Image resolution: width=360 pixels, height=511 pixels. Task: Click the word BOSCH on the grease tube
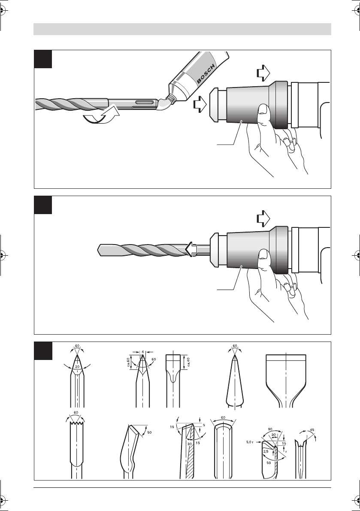click(206, 74)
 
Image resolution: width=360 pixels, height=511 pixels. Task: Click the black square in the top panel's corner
click(43, 59)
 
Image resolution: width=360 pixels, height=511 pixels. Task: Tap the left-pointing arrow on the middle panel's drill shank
click(192, 250)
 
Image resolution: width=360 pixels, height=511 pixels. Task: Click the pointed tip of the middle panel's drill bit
click(98, 250)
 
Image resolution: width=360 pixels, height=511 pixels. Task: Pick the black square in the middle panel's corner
click(43, 205)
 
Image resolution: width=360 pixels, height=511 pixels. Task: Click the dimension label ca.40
click(189, 362)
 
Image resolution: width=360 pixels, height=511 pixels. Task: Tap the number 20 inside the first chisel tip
click(77, 367)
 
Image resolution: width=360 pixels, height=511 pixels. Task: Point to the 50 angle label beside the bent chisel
click(150, 432)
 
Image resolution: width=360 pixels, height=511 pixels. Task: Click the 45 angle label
click(312, 430)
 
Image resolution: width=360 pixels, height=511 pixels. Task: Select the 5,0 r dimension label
click(250, 442)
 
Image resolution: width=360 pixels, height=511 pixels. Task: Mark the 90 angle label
click(270, 429)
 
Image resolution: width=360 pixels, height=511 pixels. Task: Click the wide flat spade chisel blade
click(286, 380)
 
